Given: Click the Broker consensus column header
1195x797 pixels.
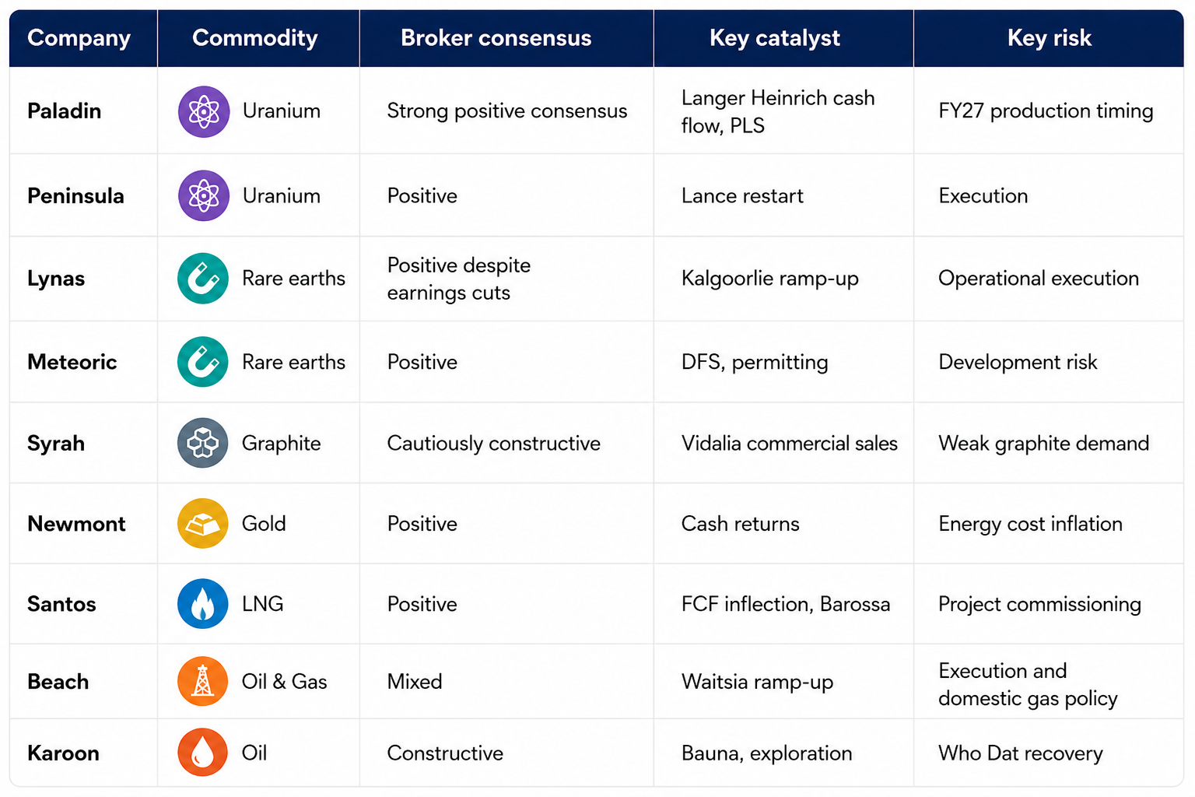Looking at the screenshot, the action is pyautogui.click(x=496, y=38).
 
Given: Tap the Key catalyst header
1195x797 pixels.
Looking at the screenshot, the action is pyautogui.click(x=775, y=38).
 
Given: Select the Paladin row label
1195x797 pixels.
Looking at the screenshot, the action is pyautogui.click(x=64, y=111).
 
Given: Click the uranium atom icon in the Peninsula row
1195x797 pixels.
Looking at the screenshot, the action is pyautogui.click(x=203, y=195).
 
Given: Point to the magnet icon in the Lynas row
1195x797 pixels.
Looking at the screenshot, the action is pyautogui.click(x=203, y=279).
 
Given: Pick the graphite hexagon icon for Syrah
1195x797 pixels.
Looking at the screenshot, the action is pyautogui.click(x=203, y=443).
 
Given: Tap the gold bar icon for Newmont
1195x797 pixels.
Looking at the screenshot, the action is pyautogui.click(x=203, y=524).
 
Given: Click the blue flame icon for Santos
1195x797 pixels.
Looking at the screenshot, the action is pyautogui.click(x=203, y=604).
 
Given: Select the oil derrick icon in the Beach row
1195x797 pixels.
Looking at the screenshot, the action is pyautogui.click(x=203, y=681).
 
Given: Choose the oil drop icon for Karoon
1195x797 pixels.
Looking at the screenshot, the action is pyautogui.click(x=203, y=752).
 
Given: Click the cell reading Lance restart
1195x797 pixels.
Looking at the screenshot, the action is pyautogui.click(x=742, y=196).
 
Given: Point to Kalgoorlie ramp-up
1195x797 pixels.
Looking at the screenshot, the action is pyautogui.click(x=769, y=279).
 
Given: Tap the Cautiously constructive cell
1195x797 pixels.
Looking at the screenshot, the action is pyautogui.click(x=493, y=444).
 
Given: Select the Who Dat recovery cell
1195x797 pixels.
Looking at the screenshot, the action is pyautogui.click(x=1020, y=753).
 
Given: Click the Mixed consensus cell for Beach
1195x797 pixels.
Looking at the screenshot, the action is pyautogui.click(x=415, y=682).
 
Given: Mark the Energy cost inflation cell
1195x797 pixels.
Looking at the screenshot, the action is pyautogui.click(x=1030, y=525).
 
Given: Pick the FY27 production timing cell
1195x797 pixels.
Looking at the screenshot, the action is pyautogui.click(x=1046, y=111).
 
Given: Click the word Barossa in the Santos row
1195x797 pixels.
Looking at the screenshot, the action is pyautogui.click(x=855, y=604).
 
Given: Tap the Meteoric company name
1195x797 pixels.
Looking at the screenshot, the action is pyautogui.click(x=72, y=362).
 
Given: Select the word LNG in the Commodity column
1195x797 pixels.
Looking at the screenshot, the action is pyautogui.click(x=262, y=604).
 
